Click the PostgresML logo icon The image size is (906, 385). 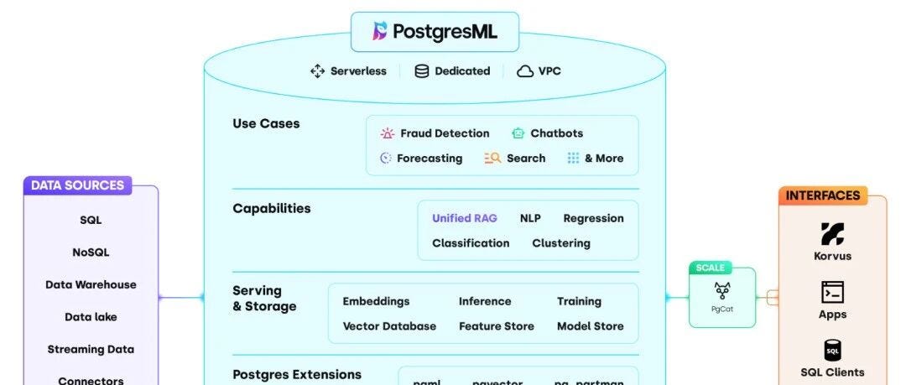pos(380,32)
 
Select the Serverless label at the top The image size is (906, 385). pos(358,71)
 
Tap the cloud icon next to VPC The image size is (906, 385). pos(525,71)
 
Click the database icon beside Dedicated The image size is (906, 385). pos(422,71)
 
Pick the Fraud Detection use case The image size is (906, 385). pos(444,133)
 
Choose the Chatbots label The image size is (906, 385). pos(556,133)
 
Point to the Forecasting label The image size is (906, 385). pos(429,159)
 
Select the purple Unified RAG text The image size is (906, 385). pos(464,218)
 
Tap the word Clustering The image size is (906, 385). pos(560,243)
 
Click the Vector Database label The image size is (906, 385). pos(389,326)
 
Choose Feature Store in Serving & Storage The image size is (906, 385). pos(496,326)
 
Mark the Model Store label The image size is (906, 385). pos(590,326)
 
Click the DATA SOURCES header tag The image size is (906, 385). pos(77,185)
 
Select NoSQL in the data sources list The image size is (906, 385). pos(91,252)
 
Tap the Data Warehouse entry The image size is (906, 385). pos(91,285)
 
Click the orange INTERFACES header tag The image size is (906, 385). pos(822,195)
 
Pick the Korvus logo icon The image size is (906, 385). pos(832,233)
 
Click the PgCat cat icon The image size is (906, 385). pos(721,292)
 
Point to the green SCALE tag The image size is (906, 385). pos(710,268)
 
